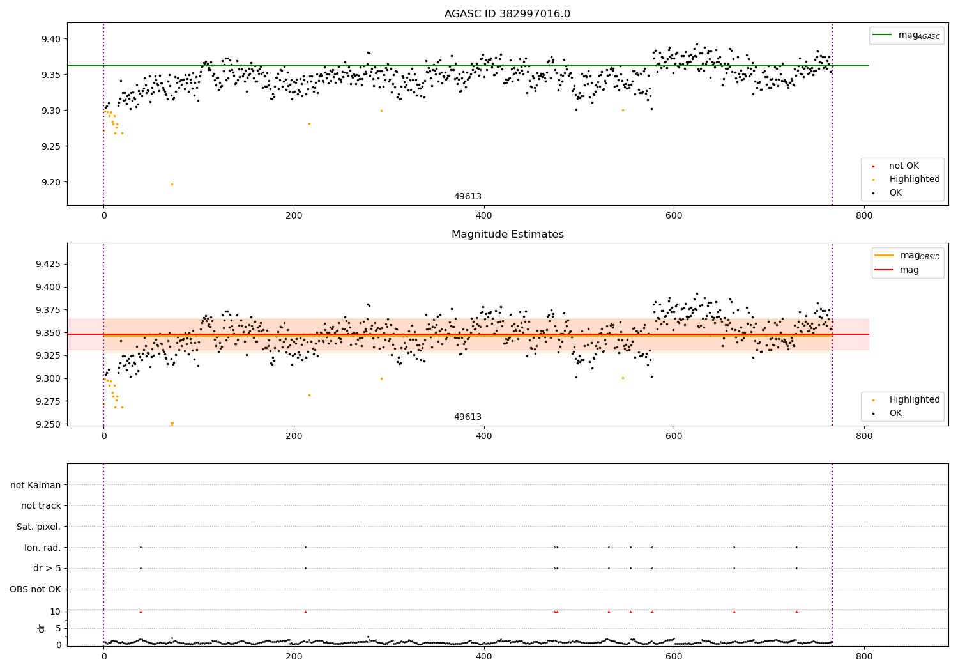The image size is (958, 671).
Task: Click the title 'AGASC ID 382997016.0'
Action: (x=507, y=14)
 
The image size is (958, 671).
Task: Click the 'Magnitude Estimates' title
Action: (x=507, y=235)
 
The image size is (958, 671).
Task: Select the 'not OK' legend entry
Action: (x=904, y=166)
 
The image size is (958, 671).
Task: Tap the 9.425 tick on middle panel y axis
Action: (x=47, y=264)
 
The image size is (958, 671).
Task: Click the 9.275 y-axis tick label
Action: (x=47, y=401)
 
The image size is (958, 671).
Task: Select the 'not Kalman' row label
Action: (x=36, y=485)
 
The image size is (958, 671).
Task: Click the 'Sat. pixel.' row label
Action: (x=38, y=527)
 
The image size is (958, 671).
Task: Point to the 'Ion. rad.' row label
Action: (x=42, y=548)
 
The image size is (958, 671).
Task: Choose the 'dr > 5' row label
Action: (x=47, y=568)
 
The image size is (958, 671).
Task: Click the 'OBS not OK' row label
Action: (x=35, y=589)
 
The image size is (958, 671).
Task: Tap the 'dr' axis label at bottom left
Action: (x=42, y=628)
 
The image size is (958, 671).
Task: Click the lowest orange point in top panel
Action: (x=171, y=184)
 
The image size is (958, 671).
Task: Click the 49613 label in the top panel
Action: (x=468, y=197)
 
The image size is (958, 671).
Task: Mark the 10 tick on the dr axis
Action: (x=55, y=612)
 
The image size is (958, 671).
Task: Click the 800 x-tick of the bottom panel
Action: (x=863, y=656)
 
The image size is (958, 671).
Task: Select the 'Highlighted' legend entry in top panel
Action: (x=914, y=180)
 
